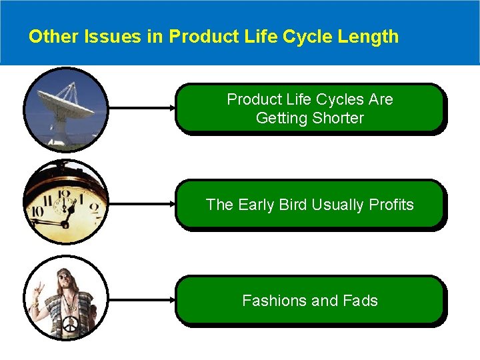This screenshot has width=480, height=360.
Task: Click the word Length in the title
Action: coord(368,36)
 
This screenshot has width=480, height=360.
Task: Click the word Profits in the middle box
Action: coord(387,205)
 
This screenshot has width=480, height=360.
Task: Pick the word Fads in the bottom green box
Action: coord(360,301)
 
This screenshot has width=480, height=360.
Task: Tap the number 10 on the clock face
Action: coord(37,212)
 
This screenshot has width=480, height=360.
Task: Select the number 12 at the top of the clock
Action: coord(65,195)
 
